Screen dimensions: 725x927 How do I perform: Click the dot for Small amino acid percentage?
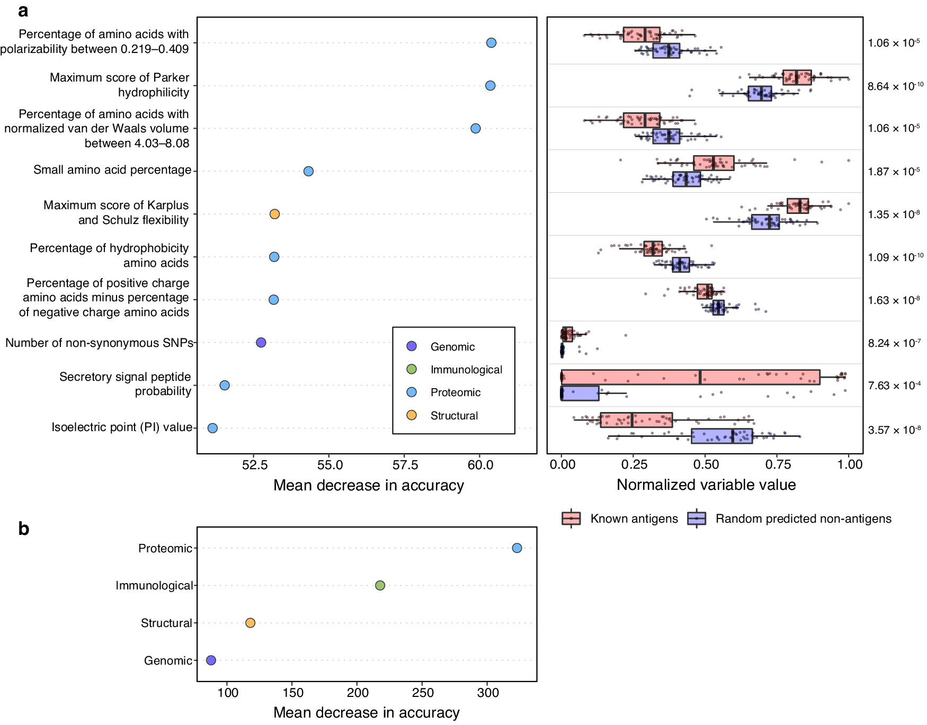[x=308, y=171]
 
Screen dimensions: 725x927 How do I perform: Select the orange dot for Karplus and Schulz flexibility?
[x=274, y=214]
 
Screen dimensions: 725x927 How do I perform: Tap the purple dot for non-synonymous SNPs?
[x=261, y=343]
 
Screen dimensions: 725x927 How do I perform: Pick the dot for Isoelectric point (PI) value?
[x=212, y=428]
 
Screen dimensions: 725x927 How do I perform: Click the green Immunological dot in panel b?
[x=380, y=585]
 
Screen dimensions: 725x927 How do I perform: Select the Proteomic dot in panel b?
[x=517, y=548]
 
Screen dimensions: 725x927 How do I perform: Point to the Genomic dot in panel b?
[x=211, y=660]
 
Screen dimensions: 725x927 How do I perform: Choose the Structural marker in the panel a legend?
[x=412, y=415]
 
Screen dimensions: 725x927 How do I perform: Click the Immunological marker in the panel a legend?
[x=412, y=369]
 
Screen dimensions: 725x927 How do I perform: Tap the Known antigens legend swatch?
[x=571, y=518]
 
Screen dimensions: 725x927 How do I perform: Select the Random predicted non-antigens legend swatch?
[x=697, y=518]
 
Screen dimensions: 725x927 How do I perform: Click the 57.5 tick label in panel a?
[x=405, y=465]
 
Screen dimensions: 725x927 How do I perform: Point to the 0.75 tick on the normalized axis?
[x=778, y=465]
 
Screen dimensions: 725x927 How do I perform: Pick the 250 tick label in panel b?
[x=423, y=693]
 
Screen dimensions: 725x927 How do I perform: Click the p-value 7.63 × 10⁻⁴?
[x=894, y=386]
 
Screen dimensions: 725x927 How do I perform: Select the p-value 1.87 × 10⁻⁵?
[x=894, y=172]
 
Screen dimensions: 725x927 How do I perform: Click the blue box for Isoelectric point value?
[x=721, y=436]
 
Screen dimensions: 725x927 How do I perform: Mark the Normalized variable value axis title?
[x=706, y=485]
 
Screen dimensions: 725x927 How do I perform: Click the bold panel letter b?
[x=23, y=529]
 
